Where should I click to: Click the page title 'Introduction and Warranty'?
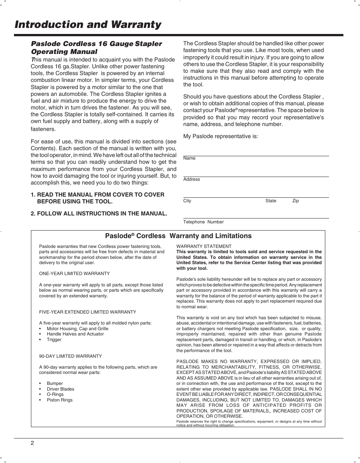point(88,25)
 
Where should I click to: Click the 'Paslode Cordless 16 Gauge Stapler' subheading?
point(96,44)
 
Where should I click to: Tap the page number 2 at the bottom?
point(32,443)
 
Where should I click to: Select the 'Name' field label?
point(189,158)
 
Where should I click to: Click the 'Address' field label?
point(191,179)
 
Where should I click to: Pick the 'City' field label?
point(187,201)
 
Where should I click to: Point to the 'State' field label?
point(271,201)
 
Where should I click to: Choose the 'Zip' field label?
point(295,201)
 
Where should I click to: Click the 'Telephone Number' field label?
point(203,222)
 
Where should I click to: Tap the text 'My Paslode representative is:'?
point(220,136)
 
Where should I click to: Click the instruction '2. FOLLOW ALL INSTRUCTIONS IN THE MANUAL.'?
point(99,214)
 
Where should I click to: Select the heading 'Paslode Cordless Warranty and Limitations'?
point(178,236)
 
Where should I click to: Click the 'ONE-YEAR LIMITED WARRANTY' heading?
point(74,274)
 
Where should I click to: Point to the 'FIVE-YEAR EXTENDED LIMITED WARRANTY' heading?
point(88,312)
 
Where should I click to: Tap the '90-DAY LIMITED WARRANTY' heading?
point(71,356)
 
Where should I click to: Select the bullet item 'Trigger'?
point(54,340)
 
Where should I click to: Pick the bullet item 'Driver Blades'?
point(60,389)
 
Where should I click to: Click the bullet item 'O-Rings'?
point(55,394)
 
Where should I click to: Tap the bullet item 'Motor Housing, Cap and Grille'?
point(77,329)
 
